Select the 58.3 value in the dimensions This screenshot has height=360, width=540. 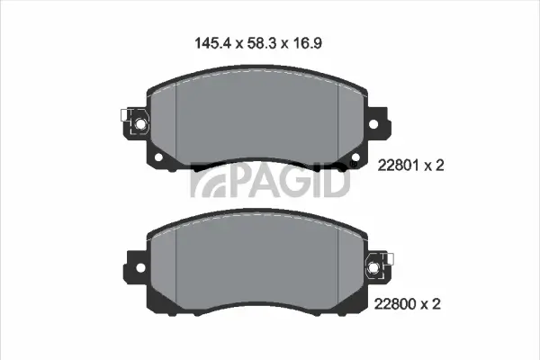[x=261, y=41]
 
